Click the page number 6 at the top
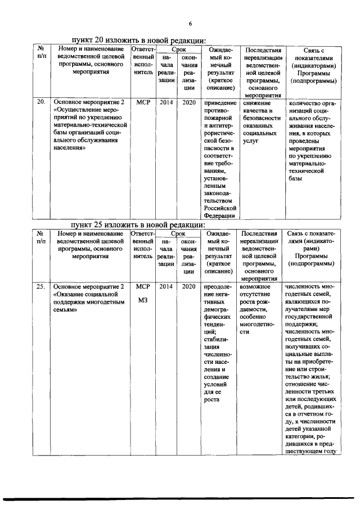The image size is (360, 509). pos(190,23)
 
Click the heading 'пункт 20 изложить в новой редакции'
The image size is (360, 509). pos(138,40)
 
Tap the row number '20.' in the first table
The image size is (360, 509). pos(41,103)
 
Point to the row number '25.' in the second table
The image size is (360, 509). pos(41,287)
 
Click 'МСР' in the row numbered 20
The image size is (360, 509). pos(143,103)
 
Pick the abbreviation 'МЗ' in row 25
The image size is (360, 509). pos(143,300)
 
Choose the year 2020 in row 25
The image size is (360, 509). pos(189,287)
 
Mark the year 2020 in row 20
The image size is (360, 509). pos(189,103)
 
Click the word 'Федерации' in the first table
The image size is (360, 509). pos(219,215)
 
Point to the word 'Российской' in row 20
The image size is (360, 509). pos(219,207)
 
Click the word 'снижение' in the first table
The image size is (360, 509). pos(258,103)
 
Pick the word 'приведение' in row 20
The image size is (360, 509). pos(220,103)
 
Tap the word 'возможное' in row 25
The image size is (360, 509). pos(255,287)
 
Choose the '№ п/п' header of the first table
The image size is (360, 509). pos(41,52)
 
